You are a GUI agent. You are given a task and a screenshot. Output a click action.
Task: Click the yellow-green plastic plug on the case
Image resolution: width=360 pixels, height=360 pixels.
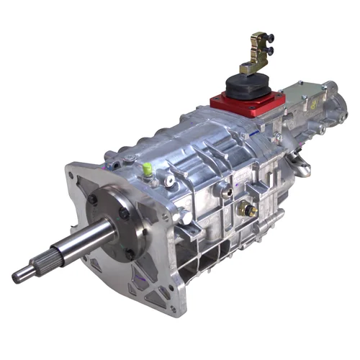click(x=147, y=169)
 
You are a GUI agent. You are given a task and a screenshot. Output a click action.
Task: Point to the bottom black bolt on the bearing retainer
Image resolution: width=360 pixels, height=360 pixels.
click(x=130, y=253)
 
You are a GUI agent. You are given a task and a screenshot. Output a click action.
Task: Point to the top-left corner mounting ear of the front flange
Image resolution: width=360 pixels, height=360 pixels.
click(x=72, y=173)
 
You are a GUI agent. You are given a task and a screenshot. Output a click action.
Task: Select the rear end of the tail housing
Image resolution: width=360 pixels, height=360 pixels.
click(x=338, y=108)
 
